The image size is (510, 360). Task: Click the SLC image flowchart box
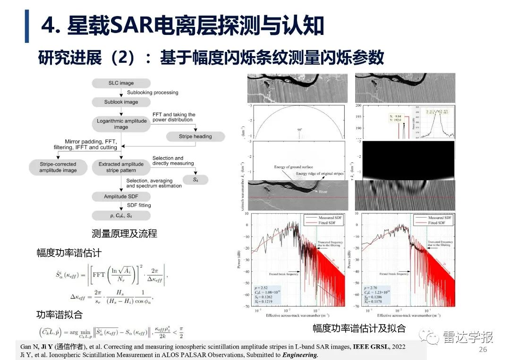tap(121, 83)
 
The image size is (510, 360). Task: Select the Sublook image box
tap(121, 102)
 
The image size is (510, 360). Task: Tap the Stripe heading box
tap(195, 136)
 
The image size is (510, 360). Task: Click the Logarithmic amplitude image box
tap(122, 124)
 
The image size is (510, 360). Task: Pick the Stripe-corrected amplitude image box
tap(58, 167)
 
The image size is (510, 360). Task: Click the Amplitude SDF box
tap(121, 196)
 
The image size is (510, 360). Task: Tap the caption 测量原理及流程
tap(124, 233)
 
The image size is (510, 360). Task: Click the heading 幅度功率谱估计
tap(69, 252)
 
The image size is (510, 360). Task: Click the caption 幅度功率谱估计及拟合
tap(358, 329)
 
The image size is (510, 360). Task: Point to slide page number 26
tap(483, 349)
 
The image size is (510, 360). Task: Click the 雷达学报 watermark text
tap(468, 337)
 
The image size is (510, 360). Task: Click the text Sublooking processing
tap(153, 92)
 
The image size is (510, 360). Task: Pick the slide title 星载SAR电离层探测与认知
tap(196, 26)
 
